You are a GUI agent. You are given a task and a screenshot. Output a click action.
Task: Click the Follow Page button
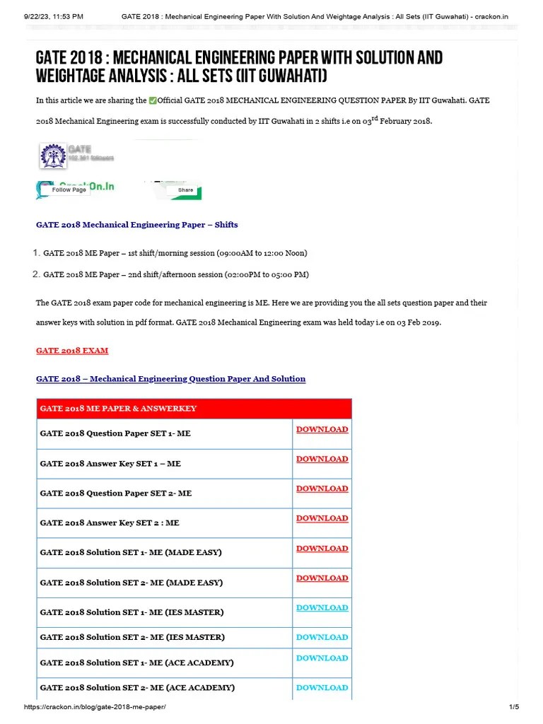(x=69, y=189)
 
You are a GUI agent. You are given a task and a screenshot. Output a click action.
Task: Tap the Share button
(x=185, y=189)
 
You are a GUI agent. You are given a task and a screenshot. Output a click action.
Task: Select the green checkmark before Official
(x=153, y=101)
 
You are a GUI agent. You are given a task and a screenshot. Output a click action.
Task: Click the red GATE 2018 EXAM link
(x=72, y=351)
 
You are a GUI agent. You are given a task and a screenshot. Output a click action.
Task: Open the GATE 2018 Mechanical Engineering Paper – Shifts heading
(x=136, y=225)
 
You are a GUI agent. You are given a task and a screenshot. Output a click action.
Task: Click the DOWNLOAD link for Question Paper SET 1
(x=322, y=430)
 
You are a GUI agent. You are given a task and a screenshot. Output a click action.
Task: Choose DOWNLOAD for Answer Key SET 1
(x=322, y=460)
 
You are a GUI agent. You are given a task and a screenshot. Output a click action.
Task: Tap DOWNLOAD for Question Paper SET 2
(x=322, y=489)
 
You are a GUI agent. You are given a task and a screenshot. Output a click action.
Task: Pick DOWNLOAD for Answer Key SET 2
(x=322, y=519)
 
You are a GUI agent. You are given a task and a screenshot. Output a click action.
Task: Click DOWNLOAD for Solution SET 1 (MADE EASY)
(x=322, y=549)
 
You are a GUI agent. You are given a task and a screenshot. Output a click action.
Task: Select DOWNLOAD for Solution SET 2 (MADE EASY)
(x=322, y=578)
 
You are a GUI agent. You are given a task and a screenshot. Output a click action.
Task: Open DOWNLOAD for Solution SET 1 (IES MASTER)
(x=322, y=608)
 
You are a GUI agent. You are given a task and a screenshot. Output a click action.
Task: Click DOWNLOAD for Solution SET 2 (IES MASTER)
(x=322, y=638)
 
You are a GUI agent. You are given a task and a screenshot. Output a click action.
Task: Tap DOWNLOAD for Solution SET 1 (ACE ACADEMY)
(x=322, y=658)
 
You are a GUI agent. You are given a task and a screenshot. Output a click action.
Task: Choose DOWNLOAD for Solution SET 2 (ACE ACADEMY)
(x=322, y=688)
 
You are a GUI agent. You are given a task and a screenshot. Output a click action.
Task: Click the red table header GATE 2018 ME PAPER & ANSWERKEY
(x=118, y=409)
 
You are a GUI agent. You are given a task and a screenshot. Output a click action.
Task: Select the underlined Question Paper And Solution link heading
(x=170, y=379)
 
